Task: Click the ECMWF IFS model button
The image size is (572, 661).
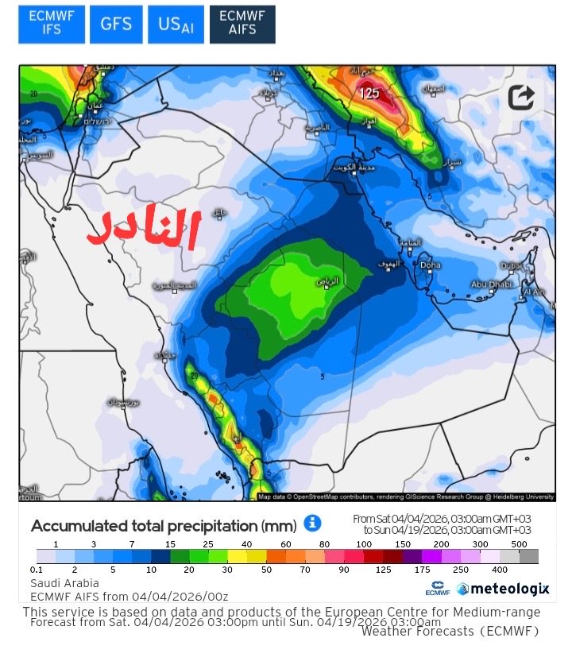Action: (x=51, y=25)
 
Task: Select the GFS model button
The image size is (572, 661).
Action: (x=115, y=25)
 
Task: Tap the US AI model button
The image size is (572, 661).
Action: (x=176, y=25)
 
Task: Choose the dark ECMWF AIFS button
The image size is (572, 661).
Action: (x=242, y=25)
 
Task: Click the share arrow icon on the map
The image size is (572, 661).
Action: (x=521, y=98)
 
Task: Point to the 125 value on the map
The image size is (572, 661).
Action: (x=369, y=93)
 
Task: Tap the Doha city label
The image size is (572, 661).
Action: (x=430, y=265)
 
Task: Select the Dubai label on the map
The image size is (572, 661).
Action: (x=510, y=265)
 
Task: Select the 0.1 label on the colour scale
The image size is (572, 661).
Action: (x=37, y=570)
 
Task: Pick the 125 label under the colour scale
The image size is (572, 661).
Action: (x=385, y=570)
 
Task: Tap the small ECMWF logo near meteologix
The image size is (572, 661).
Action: (x=438, y=589)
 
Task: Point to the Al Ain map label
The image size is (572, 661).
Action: (x=533, y=292)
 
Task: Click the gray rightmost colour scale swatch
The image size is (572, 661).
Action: (x=529, y=556)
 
